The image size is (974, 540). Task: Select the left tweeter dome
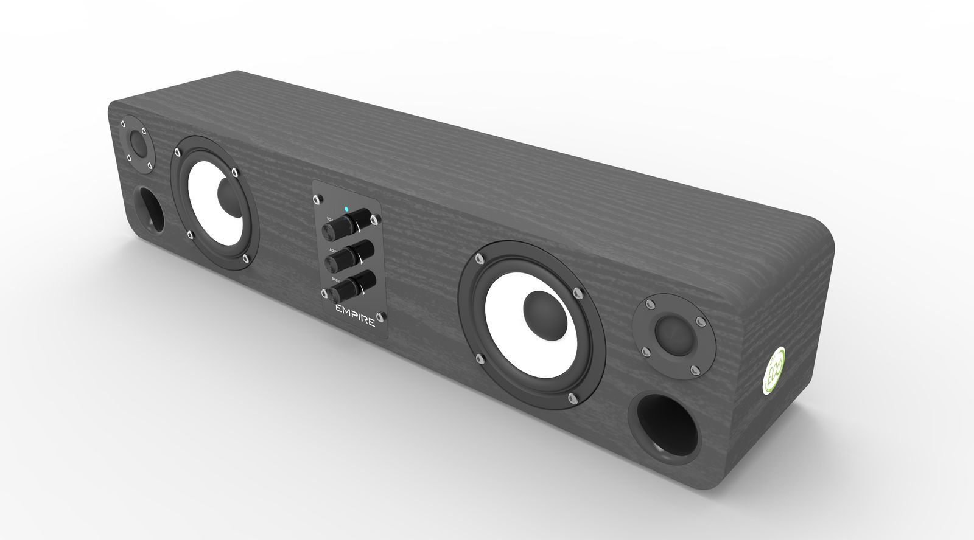pyautogui.click(x=138, y=145)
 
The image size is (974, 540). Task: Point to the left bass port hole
pyautogui.click(x=149, y=210)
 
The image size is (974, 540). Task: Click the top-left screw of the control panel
pyautogui.click(x=317, y=198)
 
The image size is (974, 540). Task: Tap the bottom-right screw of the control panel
pyautogui.click(x=381, y=316)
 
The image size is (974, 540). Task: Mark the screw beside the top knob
pyautogui.click(x=377, y=218)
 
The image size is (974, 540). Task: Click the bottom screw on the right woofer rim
pyautogui.click(x=572, y=398)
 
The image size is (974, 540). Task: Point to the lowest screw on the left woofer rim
pyautogui.click(x=245, y=259)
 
